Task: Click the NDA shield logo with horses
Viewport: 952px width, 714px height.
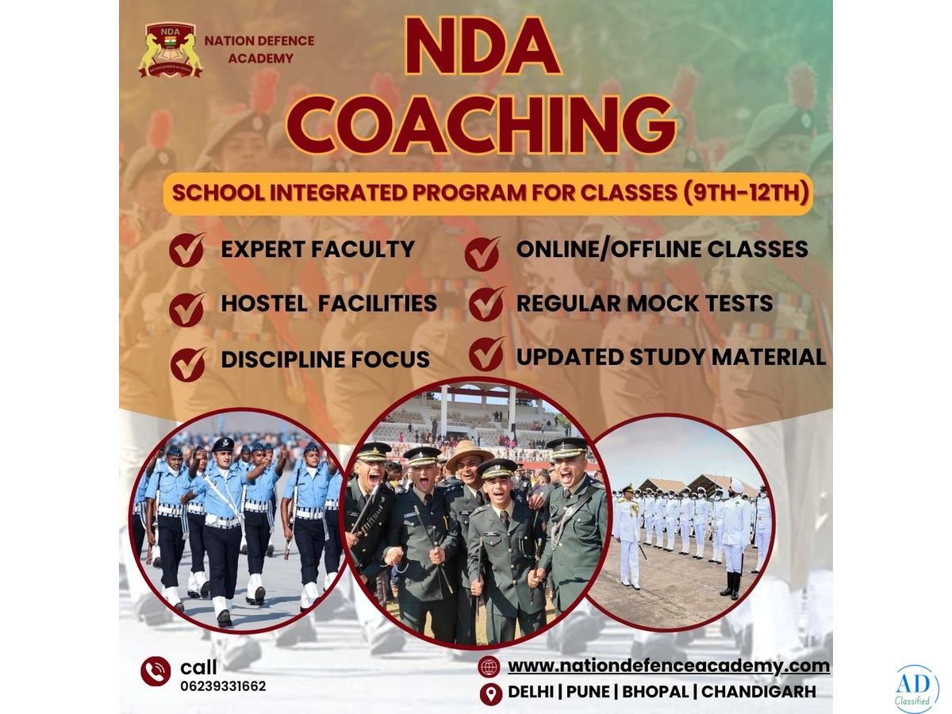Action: [170, 50]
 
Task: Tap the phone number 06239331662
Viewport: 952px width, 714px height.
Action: [223, 685]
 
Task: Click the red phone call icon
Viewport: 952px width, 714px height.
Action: [155, 671]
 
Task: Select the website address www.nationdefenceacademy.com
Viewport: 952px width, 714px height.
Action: [668, 666]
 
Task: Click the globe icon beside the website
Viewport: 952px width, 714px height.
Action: [489, 666]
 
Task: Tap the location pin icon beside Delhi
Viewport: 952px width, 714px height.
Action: [490, 693]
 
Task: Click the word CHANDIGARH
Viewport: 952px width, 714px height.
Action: [758, 692]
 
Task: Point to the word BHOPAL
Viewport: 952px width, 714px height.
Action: [655, 692]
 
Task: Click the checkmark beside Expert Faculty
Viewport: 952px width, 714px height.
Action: [186, 250]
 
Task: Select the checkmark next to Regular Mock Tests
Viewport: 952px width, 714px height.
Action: [486, 304]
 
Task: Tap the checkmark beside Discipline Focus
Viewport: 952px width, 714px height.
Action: [188, 364]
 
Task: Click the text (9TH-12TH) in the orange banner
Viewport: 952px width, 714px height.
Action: [746, 193]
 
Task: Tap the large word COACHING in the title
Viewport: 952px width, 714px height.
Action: [481, 125]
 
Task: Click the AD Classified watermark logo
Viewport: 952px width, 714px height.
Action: [917, 690]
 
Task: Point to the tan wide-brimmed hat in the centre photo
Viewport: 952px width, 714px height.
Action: [470, 454]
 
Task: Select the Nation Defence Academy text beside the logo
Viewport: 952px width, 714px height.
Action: [259, 49]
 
